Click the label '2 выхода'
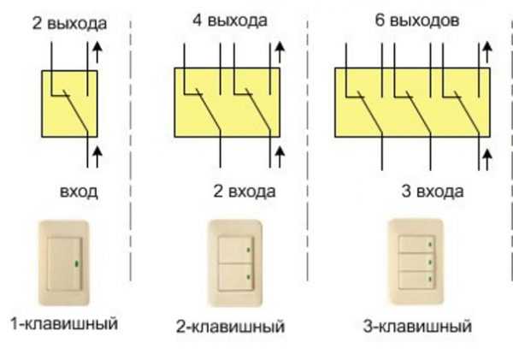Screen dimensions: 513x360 point(69,24)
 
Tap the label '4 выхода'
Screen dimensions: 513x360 point(230,21)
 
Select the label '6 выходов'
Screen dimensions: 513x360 point(417,21)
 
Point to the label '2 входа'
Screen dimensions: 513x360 point(244,192)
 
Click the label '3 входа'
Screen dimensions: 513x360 point(432,192)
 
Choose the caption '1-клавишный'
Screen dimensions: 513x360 point(64,323)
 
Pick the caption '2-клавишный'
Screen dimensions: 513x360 point(230,327)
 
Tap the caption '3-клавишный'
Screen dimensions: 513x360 point(417,327)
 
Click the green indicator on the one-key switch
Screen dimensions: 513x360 point(77,263)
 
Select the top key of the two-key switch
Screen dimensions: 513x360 point(236,250)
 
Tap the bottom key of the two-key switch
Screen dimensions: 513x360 point(236,277)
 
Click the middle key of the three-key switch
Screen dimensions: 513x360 point(416,263)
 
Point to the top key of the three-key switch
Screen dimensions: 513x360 point(416,245)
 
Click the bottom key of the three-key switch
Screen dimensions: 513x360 point(416,280)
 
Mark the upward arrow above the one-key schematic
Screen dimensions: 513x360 point(97,52)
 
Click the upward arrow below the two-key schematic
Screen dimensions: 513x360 point(280,157)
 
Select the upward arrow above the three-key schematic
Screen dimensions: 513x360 point(487,52)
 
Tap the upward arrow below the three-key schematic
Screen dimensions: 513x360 point(487,160)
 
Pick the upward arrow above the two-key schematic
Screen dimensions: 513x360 point(280,52)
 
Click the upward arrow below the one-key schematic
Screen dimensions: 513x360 point(97,157)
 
